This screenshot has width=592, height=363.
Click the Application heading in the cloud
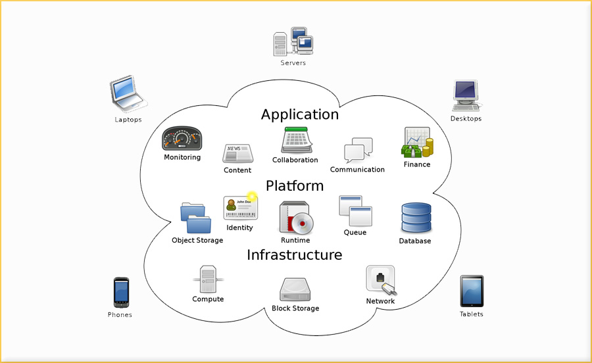[300, 114]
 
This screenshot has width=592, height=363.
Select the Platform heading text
[295, 186]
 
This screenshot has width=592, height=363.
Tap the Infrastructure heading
[295, 255]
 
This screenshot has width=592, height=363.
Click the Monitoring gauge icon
[182, 139]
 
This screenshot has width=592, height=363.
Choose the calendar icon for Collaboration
[295, 140]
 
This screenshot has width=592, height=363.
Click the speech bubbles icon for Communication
[358, 151]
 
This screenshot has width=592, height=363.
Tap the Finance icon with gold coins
[417, 143]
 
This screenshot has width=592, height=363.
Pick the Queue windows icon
[355, 211]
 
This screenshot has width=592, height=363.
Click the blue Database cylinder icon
[416, 218]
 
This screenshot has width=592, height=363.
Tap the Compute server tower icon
[207, 279]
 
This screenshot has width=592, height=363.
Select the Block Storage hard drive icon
[295, 289]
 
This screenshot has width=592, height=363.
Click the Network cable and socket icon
[381, 280]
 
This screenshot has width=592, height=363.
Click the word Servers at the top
[293, 63]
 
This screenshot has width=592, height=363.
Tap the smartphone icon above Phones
[121, 293]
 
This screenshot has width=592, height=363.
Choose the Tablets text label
[471, 314]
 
